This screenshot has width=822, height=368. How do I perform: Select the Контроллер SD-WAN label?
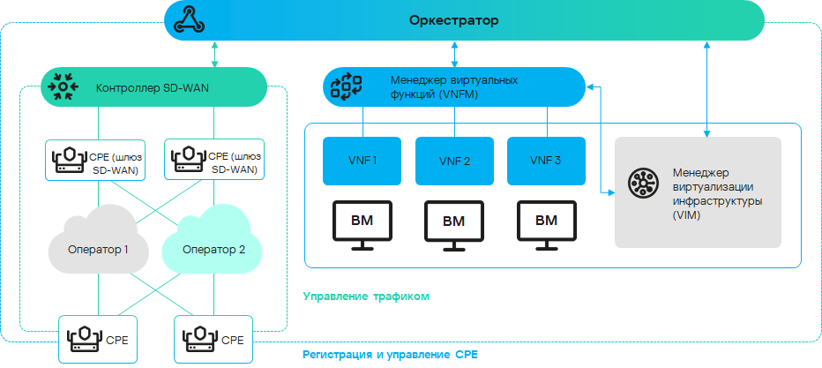(152, 87)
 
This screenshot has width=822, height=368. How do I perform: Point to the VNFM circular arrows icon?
(346, 86)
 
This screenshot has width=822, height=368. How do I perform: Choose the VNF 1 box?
(362, 161)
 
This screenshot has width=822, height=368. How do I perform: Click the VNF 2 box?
(454, 161)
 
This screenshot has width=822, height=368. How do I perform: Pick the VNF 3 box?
(546, 161)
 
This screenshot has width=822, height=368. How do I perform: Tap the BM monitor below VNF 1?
(362, 224)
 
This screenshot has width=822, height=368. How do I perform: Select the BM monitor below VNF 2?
(454, 224)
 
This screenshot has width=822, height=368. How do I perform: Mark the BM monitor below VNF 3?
(546, 224)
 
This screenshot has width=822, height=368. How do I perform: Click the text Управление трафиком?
(366, 297)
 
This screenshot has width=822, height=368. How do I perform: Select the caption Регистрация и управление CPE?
(390, 355)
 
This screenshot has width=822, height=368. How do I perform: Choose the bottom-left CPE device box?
(99, 338)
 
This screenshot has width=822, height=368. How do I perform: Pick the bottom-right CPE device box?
(214, 338)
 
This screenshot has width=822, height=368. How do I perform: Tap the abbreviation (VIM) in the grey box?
(686, 215)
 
